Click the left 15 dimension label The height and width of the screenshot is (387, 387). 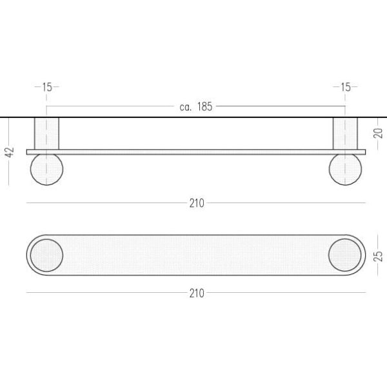pos(47,87)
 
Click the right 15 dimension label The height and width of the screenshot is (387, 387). pos(345,87)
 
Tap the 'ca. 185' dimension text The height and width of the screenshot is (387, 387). pos(195,106)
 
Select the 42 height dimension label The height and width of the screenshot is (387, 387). pos(10,152)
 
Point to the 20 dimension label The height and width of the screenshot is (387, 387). pos(378,134)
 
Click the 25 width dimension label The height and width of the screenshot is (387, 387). pos(378,256)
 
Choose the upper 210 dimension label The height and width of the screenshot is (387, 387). pos(197,203)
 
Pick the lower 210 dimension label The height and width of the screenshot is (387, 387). pos(197,293)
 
